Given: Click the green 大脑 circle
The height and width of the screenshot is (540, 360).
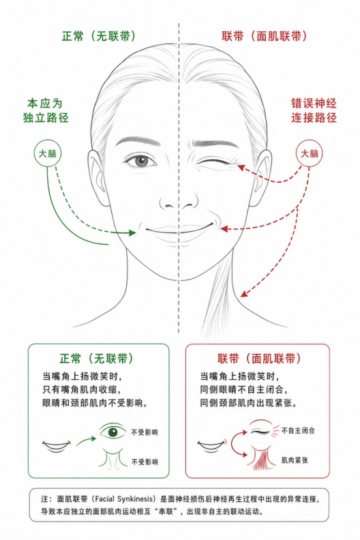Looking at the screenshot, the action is (48, 153).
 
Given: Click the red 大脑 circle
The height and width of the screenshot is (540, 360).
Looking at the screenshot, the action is (310, 153).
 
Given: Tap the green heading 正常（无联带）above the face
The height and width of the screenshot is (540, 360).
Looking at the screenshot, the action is (99, 36).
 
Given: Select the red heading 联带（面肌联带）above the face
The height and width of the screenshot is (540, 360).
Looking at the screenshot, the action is (264, 36).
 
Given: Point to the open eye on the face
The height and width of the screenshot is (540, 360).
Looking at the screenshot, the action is (140, 161).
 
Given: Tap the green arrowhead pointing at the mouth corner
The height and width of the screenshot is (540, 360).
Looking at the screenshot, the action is (132, 232).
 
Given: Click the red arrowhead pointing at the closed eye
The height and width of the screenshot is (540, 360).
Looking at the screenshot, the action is (241, 167).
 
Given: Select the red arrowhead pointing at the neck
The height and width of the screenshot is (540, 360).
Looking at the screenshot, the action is (244, 293).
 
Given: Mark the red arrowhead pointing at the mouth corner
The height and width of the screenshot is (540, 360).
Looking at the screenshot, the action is (224, 228).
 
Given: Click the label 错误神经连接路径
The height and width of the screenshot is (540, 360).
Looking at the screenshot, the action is (314, 110).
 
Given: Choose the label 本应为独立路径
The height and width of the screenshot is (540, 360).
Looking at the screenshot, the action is (46, 110).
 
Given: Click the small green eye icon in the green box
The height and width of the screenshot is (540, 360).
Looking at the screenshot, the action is (112, 432).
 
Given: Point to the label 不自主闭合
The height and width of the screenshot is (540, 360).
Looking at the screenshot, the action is (298, 430).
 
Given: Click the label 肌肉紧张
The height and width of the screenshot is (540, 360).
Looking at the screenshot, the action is (295, 460).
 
